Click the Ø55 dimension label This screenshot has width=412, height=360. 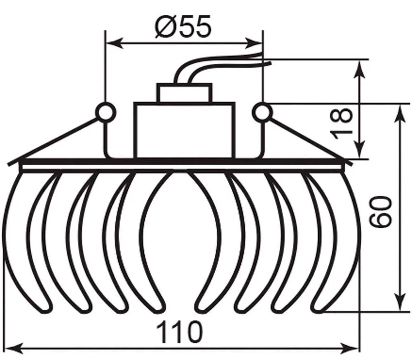click(x=183, y=26)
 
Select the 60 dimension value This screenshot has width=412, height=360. click(x=380, y=212)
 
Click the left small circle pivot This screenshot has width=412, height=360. click(x=106, y=112)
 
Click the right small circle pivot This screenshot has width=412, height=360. click(x=262, y=112)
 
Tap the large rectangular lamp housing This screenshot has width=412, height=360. click(x=184, y=131)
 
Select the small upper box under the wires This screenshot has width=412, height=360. click(x=185, y=93)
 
